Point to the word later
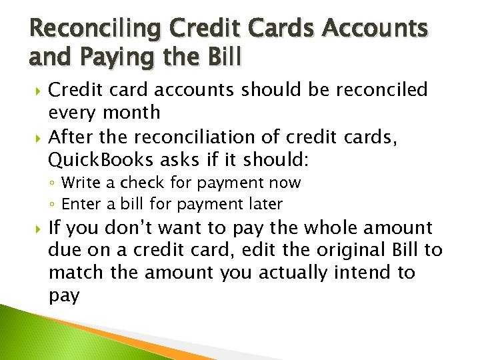(265, 203)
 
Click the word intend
(364, 273)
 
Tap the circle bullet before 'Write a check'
(53, 183)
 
